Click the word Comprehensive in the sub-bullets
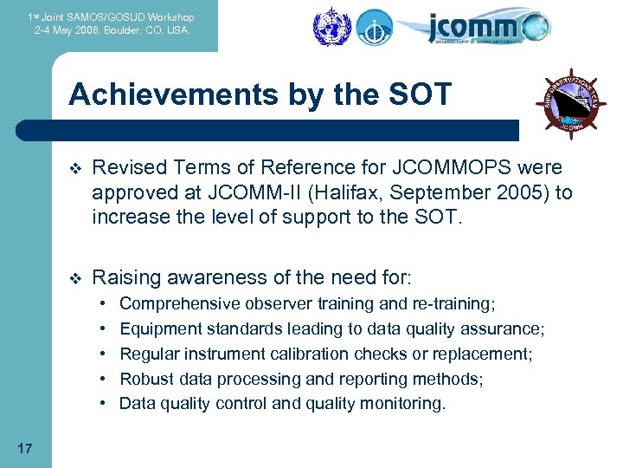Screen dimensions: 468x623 180,303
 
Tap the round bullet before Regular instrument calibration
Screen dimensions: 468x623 103,354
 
